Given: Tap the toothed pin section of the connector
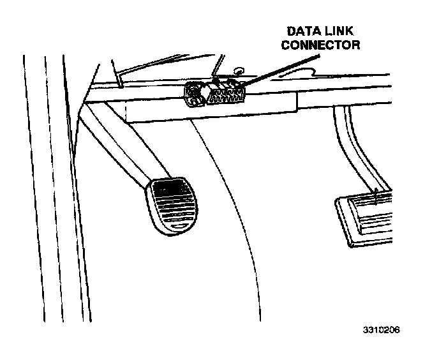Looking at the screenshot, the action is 227,96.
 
